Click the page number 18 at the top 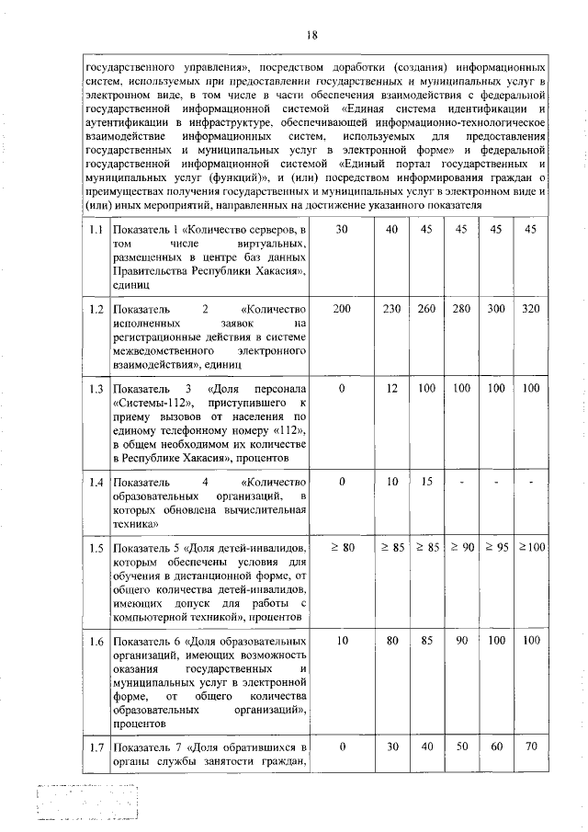tap(311, 36)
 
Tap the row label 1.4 tap(92, 482)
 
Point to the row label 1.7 tap(92, 747)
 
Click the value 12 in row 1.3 tap(392, 389)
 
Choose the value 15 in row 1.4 tap(426, 482)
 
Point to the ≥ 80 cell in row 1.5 tap(342, 548)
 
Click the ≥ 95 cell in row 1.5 tap(496, 548)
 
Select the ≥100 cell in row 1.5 tap(530, 548)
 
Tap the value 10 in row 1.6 tap(342, 640)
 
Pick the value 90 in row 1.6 tap(461, 640)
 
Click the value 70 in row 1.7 tap(530, 747)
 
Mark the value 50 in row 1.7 tap(461, 747)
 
